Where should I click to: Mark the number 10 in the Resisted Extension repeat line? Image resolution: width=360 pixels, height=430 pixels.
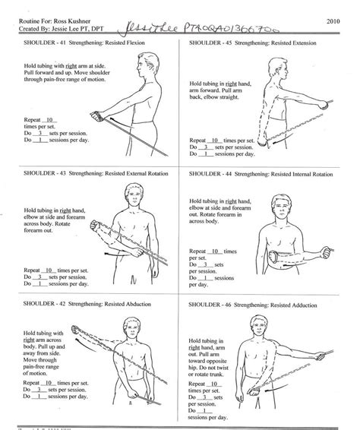click(x=218, y=141)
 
